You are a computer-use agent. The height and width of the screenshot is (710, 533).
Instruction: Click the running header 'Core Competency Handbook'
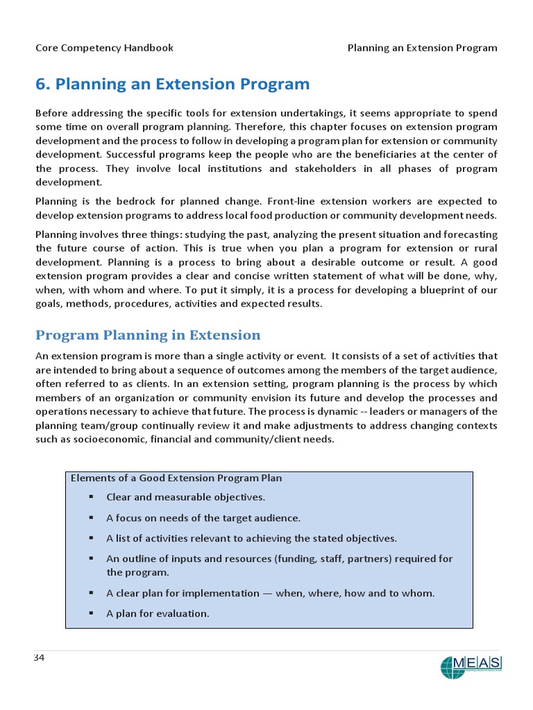click(104, 48)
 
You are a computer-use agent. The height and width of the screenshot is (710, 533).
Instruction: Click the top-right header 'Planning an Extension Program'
click(422, 48)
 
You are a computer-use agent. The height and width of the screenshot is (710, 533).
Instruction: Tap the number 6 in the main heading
click(40, 85)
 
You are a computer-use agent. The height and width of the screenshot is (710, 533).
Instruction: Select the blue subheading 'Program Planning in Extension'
click(148, 336)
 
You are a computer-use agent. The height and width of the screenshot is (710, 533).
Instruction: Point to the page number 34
click(40, 657)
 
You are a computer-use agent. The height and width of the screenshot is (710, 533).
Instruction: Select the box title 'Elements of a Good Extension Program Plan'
click(176, 478)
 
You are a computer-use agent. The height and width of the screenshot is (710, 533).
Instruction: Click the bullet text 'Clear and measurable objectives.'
click(185, 497)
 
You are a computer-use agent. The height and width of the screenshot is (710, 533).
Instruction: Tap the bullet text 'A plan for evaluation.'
click(158, 614)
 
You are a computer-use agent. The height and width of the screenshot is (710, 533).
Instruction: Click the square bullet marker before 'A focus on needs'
click(91, 518)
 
